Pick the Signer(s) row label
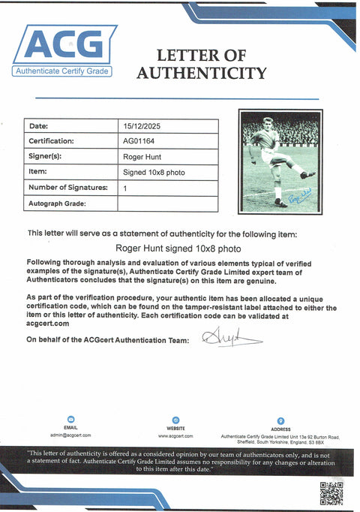point(45,157)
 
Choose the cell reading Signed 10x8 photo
point(153,173)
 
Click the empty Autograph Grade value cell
point(168,203)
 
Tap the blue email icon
point(70,420)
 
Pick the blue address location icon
point(280,420)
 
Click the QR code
point(331,492)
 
